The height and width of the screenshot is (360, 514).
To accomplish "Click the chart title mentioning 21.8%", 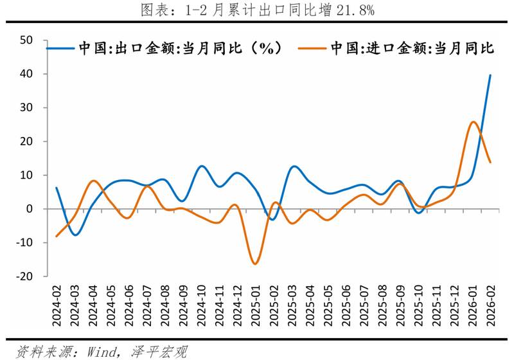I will (257, 10).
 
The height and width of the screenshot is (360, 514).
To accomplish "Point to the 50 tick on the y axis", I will (26, 40).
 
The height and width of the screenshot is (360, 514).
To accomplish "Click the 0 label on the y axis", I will (30, 209).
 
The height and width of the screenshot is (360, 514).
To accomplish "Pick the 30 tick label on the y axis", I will (26, 108).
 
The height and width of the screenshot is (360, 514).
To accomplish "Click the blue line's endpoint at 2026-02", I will (491, 75).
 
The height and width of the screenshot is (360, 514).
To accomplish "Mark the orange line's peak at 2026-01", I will (473, 122).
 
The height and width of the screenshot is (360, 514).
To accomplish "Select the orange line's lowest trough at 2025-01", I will (255, 264).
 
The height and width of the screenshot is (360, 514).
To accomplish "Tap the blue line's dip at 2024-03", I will (75, 235).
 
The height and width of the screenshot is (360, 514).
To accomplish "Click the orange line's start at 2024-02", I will (57, 236).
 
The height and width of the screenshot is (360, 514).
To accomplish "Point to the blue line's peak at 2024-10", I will (202, 166).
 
